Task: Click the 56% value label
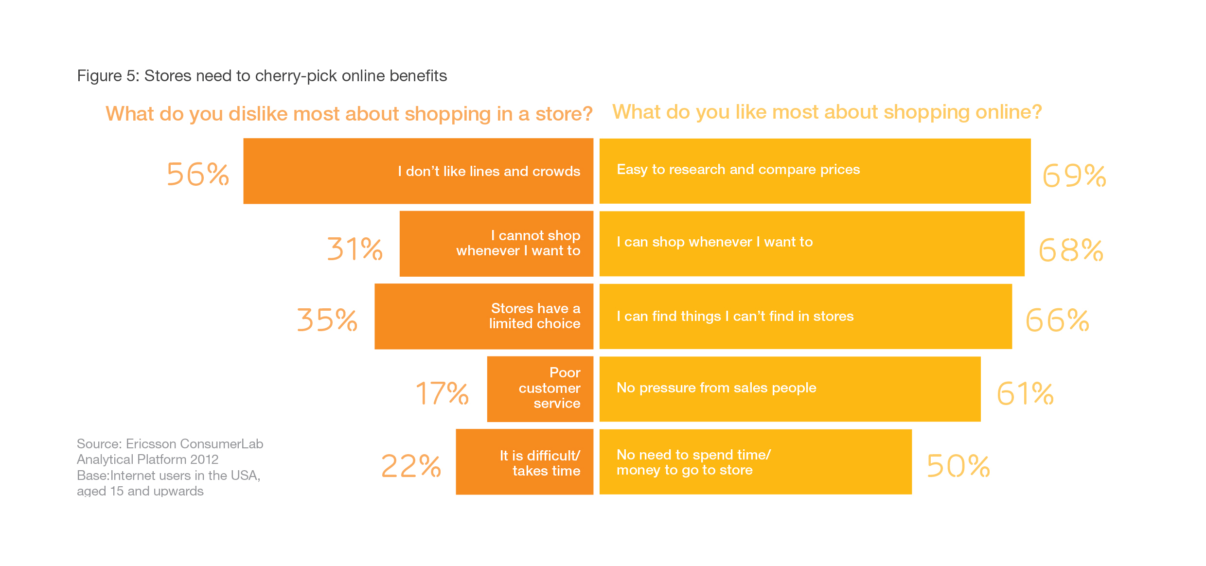pyautogui.click(x=197, y=174)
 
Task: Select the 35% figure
pyautogui.click(x=327, y=320)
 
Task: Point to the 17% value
pyautogui.click(x=442, y=393)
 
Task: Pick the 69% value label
pyautogui.click(x=1074, y=176)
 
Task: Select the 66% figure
pyautogui.click(x=1057, y=320)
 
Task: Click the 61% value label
pyautogui.click(x=1025, y=393)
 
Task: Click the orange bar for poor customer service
pyautogui.click(x=540, y=389)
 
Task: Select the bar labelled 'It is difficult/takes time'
pyautogui.click(x=524, y=462)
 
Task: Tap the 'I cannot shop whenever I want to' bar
pyautogui.click(x=496, y=244)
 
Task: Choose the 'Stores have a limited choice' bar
pyautogui.click(x=484, y=317)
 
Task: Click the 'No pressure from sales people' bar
pyautogui.click(x=790, y=389)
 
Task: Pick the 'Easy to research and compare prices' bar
pyautogui.click(x=815, y=171)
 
